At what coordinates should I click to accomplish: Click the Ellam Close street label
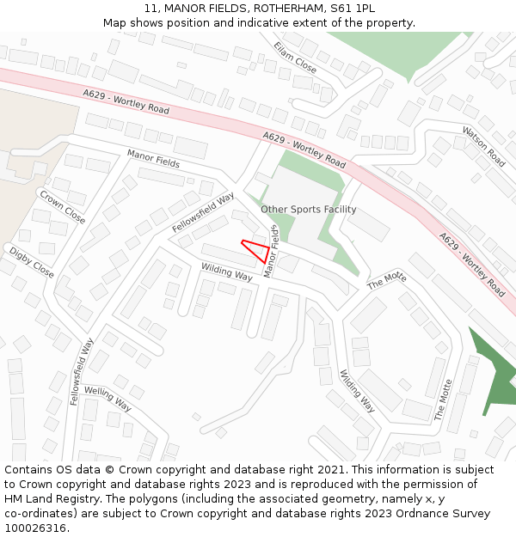click(x=295, y=56)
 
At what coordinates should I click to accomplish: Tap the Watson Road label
click(x=483, y=145)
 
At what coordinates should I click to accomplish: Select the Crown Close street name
click(x=62, y=206)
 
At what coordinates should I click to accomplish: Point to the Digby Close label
click(x=31, y=262)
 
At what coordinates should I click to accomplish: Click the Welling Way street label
click(x=107, y=399)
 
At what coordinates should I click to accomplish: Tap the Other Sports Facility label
click(x=308, y=210)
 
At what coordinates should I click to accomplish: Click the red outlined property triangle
click(x=256, y=249)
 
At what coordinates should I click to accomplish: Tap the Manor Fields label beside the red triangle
click(x=272, y=251)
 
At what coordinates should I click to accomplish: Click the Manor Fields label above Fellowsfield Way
click(x=153, y=158)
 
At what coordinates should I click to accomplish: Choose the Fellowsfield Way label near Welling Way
click(x=82, y=371)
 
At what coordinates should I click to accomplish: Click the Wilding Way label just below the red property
click(x=227, y=272)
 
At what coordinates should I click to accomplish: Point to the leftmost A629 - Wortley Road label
click(x=126, y=103)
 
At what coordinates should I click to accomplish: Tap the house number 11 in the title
click(x=151, y=8)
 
